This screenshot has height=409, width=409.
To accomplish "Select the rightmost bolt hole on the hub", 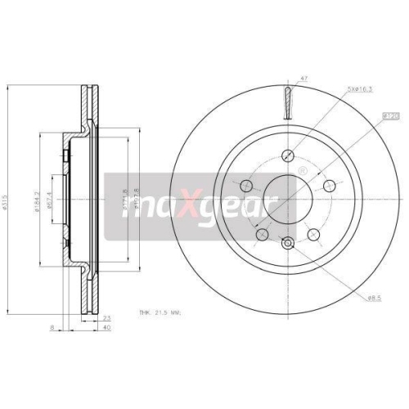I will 329,187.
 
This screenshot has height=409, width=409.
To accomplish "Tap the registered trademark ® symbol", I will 303,171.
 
